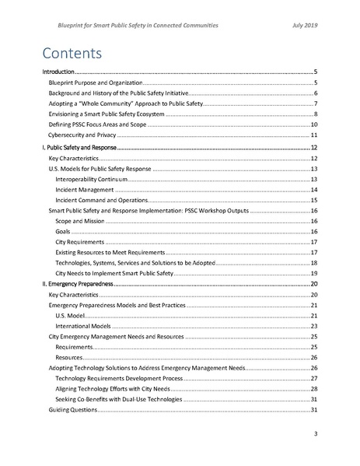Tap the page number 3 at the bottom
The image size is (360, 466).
[315, 433]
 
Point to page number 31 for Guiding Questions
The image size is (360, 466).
[314, 409]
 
